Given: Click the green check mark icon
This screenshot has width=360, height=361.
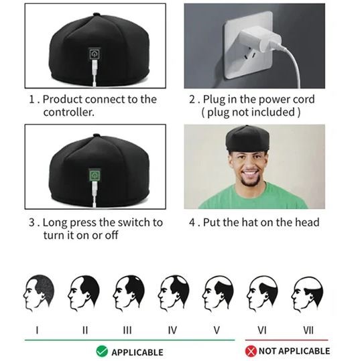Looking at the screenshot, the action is pyautogui.click(x=102, y=352).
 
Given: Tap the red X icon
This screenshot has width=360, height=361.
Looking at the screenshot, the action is pyautogui.click(x=251, y=352).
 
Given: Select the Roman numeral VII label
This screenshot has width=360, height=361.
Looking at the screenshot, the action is pyautogui.click(x=308, y=330).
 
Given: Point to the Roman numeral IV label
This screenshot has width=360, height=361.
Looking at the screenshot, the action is pyautogui.click(x=172, y=330).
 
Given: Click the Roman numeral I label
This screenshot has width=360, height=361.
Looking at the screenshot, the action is pyautogui.click(x=37, y=330).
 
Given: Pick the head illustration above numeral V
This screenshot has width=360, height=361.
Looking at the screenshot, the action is pyautogui.click(x=218, y=293).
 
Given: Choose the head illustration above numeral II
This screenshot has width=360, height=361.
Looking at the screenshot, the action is pyautogui.click(x=83, y=293).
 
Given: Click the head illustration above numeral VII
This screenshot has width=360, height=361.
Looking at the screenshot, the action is pyautogui.click(x=307, y=294).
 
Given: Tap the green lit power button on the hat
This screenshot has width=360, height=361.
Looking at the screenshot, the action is pyautogui.click(x=95, y=175).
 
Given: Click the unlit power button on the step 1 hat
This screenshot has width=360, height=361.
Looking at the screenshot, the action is pyautogui.click(x=95, y=54).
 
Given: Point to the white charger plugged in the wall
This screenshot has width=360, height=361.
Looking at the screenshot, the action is pyautogui.click(x=259, y=42).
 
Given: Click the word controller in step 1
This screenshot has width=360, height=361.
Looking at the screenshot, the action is pyautogui.click(x=68, y=113).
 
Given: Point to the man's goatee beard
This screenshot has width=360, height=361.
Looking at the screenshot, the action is pyautogui.click(x=250, y=182).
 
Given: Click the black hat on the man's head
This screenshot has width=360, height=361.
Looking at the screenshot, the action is pyautogui.click(x=247, y=138).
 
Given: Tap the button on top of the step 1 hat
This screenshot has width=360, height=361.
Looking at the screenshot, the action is pyautogui.click(x=97, y=14).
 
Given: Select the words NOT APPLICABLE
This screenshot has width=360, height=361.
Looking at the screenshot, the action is pyautogui.click(x=294, y=351).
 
